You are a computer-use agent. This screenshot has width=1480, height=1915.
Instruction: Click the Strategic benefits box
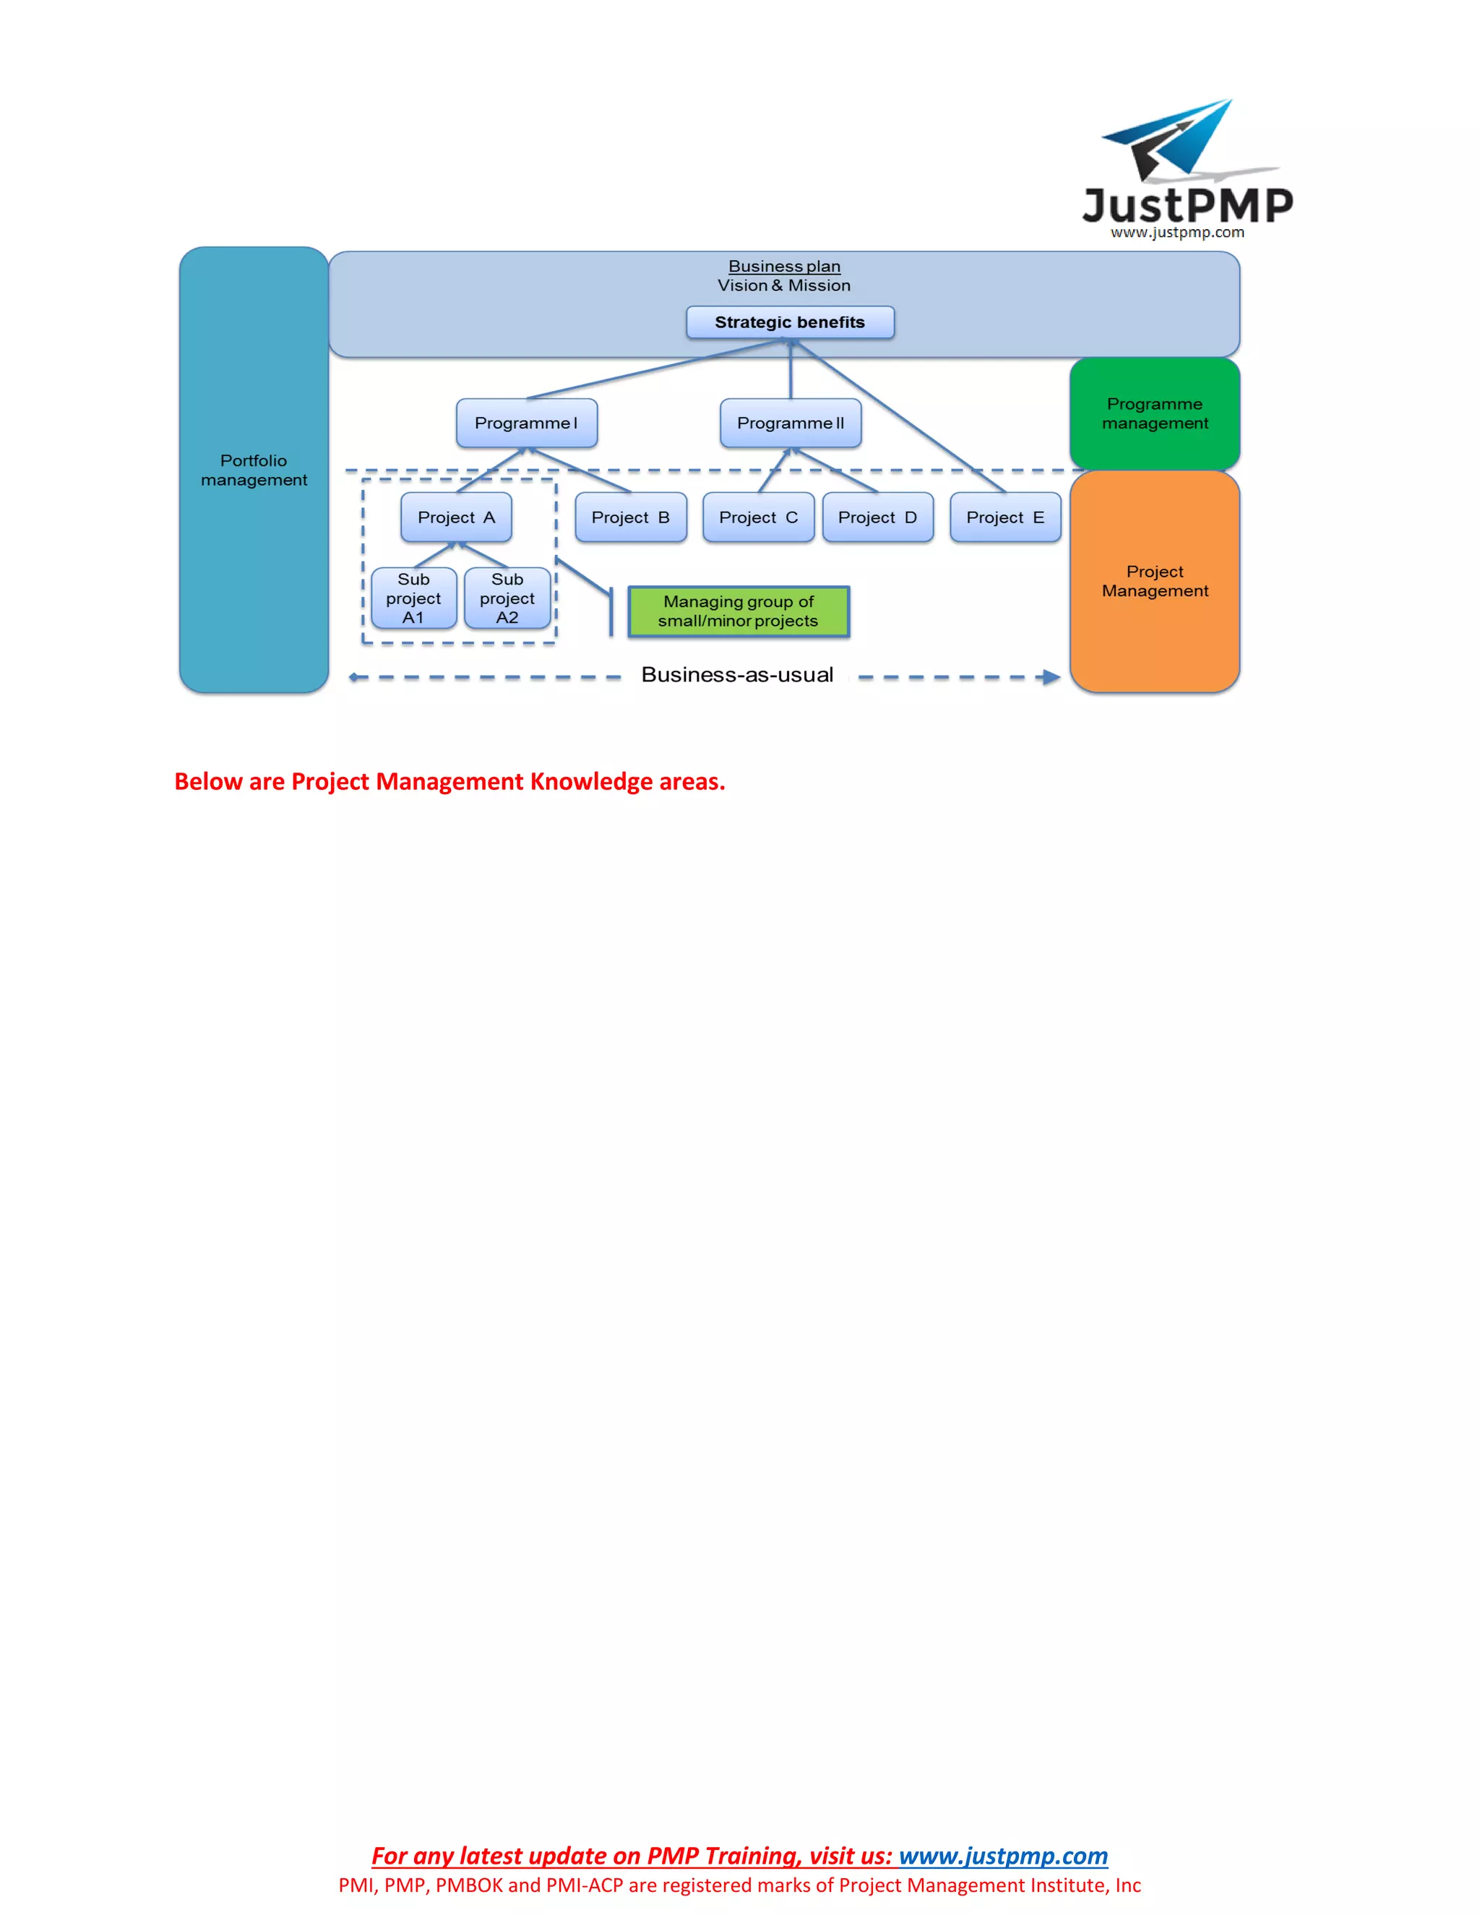pos(789,322)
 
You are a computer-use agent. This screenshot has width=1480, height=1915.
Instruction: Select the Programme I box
pos(526,423)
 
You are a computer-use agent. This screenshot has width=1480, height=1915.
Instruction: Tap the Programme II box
pos(790,423)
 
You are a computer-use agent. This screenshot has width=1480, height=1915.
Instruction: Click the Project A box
pos(456,517)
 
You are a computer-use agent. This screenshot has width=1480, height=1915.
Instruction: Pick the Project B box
pos(630,517)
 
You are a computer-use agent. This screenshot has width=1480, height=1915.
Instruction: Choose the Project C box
pos(758,517)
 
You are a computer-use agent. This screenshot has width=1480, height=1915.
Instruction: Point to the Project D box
pos(877,517)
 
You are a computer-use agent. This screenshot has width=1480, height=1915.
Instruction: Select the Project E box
pos(1004,517)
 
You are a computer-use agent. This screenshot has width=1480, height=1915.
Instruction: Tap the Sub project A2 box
pos(507,598)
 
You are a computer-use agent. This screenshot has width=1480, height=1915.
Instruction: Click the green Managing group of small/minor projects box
pos(739,611)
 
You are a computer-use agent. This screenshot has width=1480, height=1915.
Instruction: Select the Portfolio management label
pos(254,470)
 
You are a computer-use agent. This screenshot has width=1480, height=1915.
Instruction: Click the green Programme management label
pos(1155,413)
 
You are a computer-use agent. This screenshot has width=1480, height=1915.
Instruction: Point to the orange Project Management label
pos(1155,580)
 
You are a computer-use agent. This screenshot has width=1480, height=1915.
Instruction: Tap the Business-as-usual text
pos(736,674)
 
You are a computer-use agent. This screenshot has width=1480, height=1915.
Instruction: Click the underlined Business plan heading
pos(784,266)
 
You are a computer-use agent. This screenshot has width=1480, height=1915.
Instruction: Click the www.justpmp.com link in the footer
pos(1003,1856)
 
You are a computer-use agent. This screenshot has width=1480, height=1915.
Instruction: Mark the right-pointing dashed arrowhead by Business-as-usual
pos(1049,677)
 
